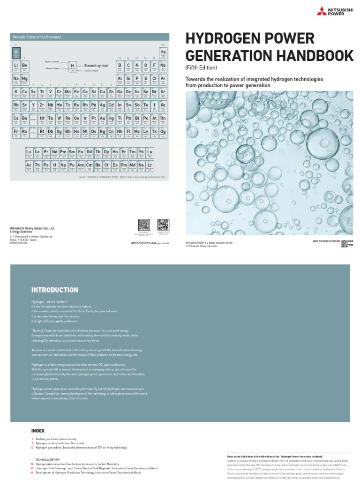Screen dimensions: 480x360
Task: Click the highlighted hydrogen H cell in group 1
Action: (16, 53)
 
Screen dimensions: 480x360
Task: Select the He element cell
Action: (163, 53)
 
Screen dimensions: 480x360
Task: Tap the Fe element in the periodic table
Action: (77, 92)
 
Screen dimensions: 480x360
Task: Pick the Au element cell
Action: (102, 120)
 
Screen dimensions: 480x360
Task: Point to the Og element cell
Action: (163, 133)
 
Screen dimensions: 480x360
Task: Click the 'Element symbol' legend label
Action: (97, 65)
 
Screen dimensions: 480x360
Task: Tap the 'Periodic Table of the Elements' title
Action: (37, 37)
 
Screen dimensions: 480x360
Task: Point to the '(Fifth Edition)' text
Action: (201, 68)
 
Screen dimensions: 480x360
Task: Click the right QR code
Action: (163, 224)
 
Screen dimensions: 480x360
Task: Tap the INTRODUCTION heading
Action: (55, 290)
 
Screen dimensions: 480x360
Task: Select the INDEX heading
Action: (38, 430)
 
